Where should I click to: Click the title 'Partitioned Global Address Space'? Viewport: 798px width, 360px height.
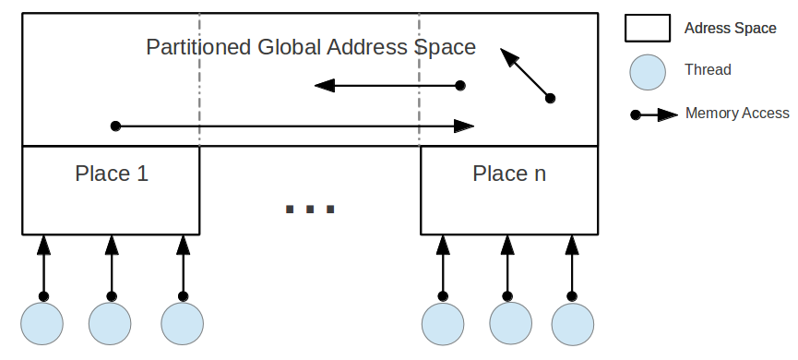click(x=311, y=47)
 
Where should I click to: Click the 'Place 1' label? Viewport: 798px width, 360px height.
click(x=111, y=174)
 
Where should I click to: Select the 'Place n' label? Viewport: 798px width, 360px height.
click(x=509, y=174)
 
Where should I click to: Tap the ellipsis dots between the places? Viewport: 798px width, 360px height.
click(x=310, y=210)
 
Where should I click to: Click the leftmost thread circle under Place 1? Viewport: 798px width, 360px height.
click(x=42, y=324)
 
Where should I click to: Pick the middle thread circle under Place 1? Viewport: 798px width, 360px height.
click(x=111, y=324)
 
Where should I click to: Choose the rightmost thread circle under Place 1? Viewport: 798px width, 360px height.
click(x=182, y=324)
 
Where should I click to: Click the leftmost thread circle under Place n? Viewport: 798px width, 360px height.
click(x=443, y=324)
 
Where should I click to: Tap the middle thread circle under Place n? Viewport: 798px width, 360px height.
click(x=510, y=324)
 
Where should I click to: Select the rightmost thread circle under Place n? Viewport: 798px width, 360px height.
click(x=573, y=324)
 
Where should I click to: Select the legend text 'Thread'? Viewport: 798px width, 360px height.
click(x=708, y=70)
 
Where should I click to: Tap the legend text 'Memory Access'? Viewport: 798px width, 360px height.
click(x=737, y=114)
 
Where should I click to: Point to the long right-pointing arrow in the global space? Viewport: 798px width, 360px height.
click(x=293, y=126)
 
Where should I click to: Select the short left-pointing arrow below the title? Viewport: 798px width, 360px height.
click(x=387, y=86)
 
